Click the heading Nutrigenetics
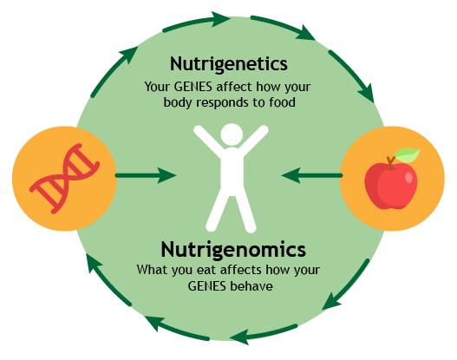point(229,64)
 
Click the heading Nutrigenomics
point(233,250)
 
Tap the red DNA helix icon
point(64,178)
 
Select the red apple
point(391,186)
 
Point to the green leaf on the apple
point(408,154)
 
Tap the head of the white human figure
point(232,134)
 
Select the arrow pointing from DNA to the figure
point(146,175)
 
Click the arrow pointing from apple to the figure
point(312,175)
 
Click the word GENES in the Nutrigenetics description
point(193,87)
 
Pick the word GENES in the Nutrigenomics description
point(206,286)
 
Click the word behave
point(251,286)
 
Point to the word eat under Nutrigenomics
point(204,270)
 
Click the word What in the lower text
point(153,270)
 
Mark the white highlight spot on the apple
point(409,178)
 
